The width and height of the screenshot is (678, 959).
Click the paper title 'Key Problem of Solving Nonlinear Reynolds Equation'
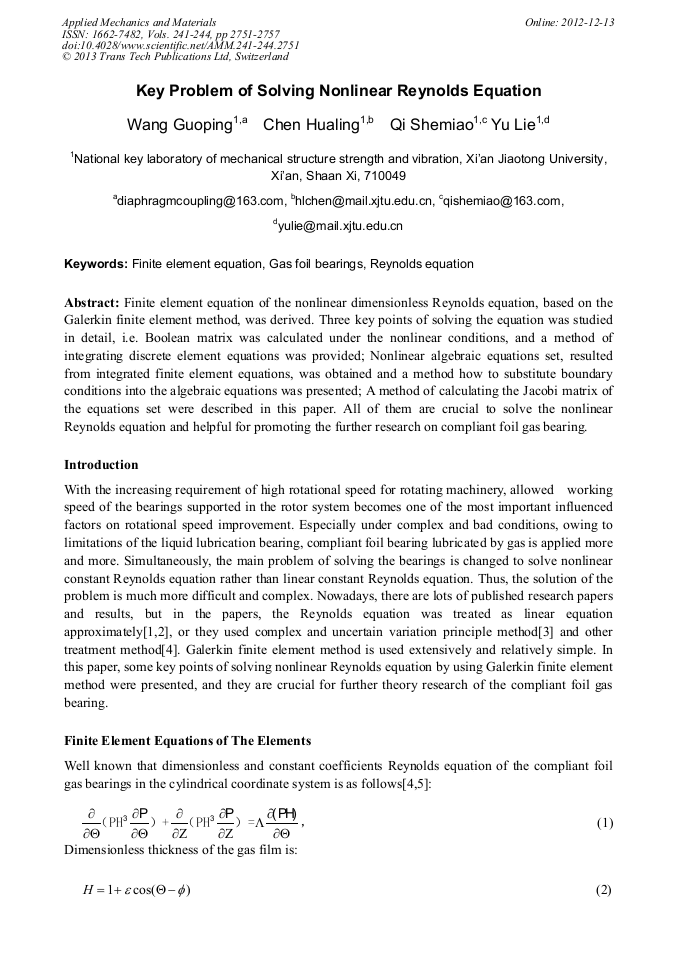pyautogui.click(x=338, y=91)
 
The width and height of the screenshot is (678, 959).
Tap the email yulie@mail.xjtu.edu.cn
pyautogui.click(x=340, y=226)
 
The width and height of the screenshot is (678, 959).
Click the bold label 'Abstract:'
pyautogui.click(x=92, y=302)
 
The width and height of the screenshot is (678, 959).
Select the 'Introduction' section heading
pyautogui.click(x=101, y=465)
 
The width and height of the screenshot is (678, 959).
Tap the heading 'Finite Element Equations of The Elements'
pyautogui.click(x=187, y=741)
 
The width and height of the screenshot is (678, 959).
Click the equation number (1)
pyautogui.click(x=603, y=823)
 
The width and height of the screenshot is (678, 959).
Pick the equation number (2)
pyautogui.click(x=603, y=890)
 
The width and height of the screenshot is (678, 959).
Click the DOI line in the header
pyautogui.click(x=181, y=46)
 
